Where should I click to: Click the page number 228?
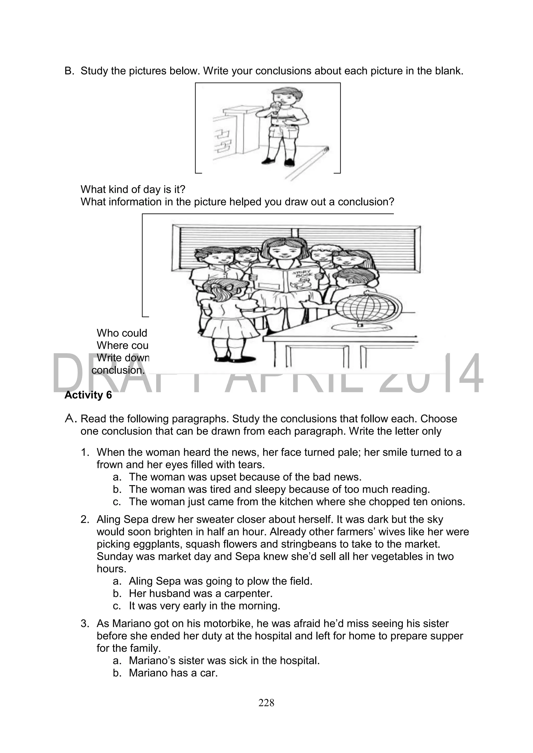[266, 703]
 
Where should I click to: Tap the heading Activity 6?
[88, 395]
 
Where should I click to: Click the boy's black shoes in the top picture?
[278, 161]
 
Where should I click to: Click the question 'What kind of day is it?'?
[133, 189]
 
